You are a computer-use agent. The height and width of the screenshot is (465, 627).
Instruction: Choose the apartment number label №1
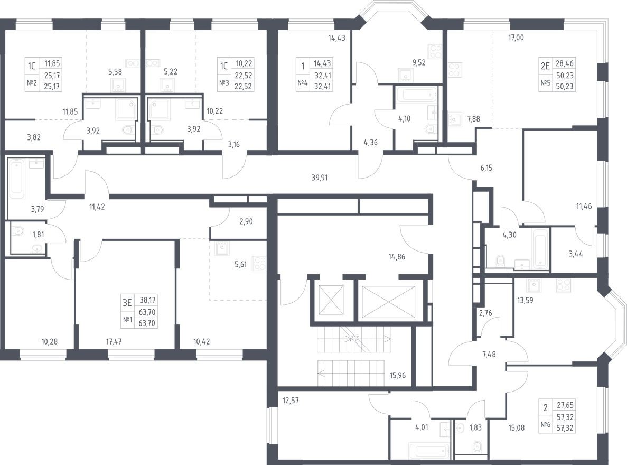[127, 319]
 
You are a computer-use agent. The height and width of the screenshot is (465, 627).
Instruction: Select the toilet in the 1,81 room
[18, 230]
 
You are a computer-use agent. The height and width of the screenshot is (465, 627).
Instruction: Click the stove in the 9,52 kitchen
[434, 51]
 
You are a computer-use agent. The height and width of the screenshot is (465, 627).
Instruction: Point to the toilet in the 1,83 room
[478, 447]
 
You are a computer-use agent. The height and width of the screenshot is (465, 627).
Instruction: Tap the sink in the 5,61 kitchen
[221, 247]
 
